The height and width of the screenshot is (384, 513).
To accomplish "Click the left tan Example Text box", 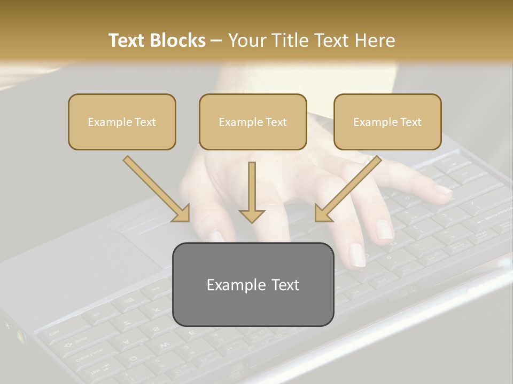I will pyautogui.click(x=122, y=122).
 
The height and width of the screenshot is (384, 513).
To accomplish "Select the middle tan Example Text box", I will pyautogui.click(x=253, y=122).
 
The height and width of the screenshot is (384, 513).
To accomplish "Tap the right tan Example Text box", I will pyautogui.click(x=387, y=122).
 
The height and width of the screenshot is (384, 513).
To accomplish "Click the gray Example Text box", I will pyautogui.click(x=253, y=284).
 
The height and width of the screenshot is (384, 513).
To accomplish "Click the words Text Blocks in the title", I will pyautogui.click(x=157, y=41).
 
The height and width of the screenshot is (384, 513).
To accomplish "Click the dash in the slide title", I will pyautogui.click(x=216, y=41).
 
